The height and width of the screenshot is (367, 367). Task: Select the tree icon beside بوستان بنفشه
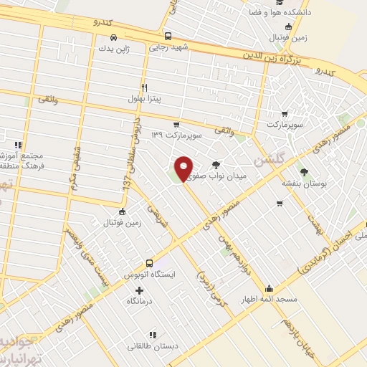(304, 172)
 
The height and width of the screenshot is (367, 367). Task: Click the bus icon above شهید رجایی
(168, 36)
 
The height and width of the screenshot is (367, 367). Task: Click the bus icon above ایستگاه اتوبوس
(149, 263)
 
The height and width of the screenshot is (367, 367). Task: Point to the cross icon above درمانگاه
(139, 290)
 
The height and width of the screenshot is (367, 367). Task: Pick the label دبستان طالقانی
(151, 346)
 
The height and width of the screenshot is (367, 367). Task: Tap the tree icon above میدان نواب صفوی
(216, 164)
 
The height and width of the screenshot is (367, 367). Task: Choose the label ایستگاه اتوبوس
(149, 275)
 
